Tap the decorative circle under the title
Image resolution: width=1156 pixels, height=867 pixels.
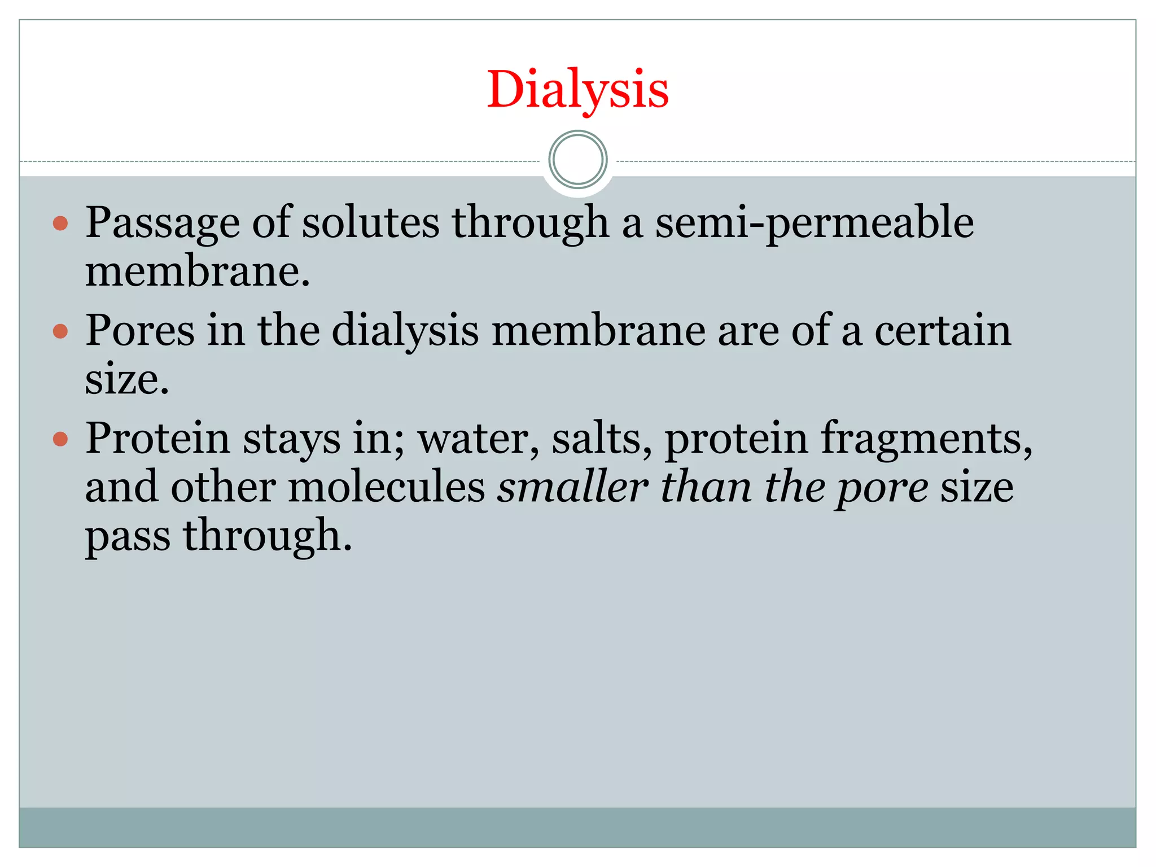point(577,160)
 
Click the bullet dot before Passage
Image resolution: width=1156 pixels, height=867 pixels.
point(60,224)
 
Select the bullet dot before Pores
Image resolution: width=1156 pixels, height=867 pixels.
point(60,331)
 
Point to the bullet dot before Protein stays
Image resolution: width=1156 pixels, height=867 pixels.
point(60,439)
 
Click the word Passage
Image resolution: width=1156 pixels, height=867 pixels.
point(163,224)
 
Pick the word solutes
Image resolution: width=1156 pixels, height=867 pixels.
point(370,222)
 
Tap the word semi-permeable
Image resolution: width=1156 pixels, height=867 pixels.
point(814,224)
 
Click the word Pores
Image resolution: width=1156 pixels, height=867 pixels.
point(140,331)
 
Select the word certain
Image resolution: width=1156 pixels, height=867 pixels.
point(943,331)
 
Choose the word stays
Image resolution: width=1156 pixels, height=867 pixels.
point(291,439)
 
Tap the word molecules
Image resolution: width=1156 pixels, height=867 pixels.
point(387,487)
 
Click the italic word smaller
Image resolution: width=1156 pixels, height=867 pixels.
point(572,487)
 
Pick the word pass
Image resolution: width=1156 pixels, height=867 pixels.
point(128,537)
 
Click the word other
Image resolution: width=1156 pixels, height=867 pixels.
point(224,487)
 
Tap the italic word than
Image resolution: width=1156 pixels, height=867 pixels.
point(706,487)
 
